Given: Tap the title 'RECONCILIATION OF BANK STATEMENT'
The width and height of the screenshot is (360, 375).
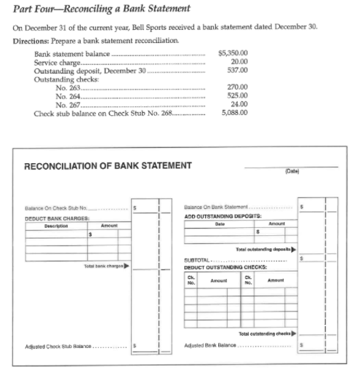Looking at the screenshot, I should [108, 165].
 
